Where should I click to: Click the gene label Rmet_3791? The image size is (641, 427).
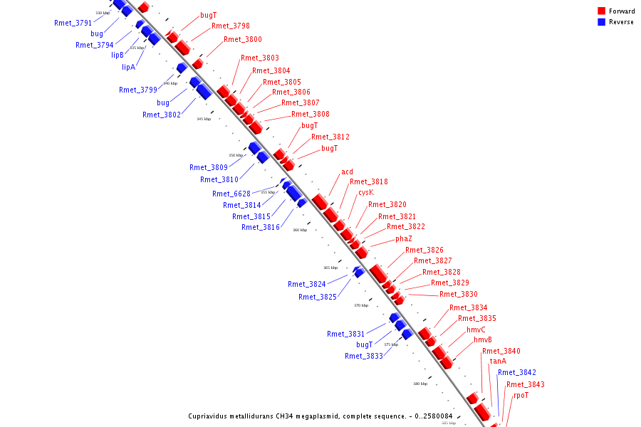point(73,23)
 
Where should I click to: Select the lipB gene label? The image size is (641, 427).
point(118,55)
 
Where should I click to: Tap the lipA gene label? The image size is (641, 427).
point(128,67)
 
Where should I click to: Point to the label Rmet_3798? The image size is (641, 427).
point(230,26)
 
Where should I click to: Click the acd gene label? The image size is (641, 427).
point(347,172)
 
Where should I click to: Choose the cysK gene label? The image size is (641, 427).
point(365,192)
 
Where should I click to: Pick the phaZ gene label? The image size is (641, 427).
point(403,238)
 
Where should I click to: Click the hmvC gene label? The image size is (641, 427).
point(476,330)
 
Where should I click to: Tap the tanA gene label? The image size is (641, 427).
point(498,361)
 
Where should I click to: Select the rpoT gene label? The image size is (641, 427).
point(521,395)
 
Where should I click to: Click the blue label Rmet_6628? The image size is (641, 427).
point(231,194)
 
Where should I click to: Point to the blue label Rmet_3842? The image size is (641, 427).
point(517,372)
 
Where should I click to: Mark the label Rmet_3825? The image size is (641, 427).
point(317,297)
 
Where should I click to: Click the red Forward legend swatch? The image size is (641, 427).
point(602,11)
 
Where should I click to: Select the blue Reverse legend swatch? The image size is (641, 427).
point(602,22)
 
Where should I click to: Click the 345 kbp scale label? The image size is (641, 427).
point(204,119)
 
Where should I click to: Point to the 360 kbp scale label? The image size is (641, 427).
point(300,230)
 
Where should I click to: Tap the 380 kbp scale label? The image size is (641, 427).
point(420,384)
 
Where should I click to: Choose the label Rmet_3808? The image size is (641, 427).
point(310,114)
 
